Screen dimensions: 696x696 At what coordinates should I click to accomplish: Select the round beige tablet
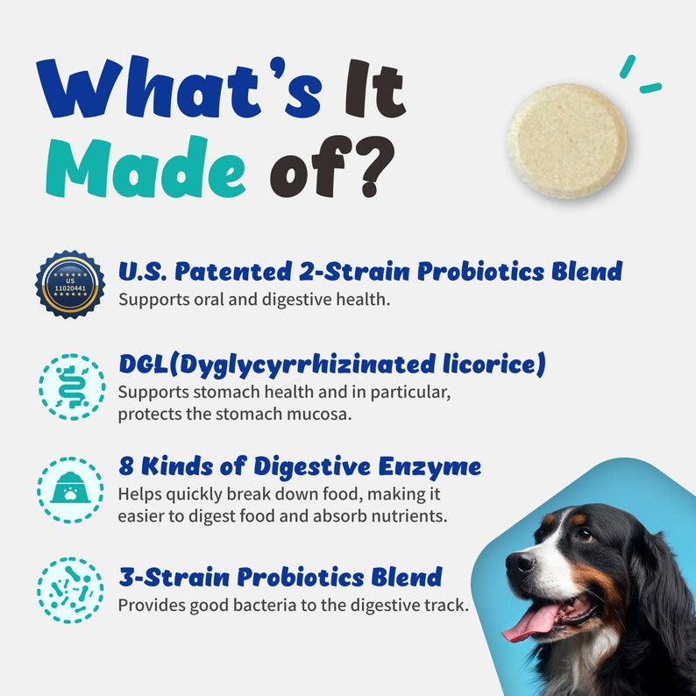tap(567, 139)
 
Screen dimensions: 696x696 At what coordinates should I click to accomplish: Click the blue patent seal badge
tap(70, 285)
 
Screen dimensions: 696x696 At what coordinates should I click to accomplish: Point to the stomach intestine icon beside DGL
tap(70, 387)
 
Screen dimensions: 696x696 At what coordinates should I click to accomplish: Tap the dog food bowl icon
tap(70, 488)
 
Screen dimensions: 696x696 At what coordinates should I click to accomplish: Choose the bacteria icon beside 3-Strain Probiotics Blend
tap(70, 590)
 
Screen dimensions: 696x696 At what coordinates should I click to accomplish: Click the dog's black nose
tap(519, 562)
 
